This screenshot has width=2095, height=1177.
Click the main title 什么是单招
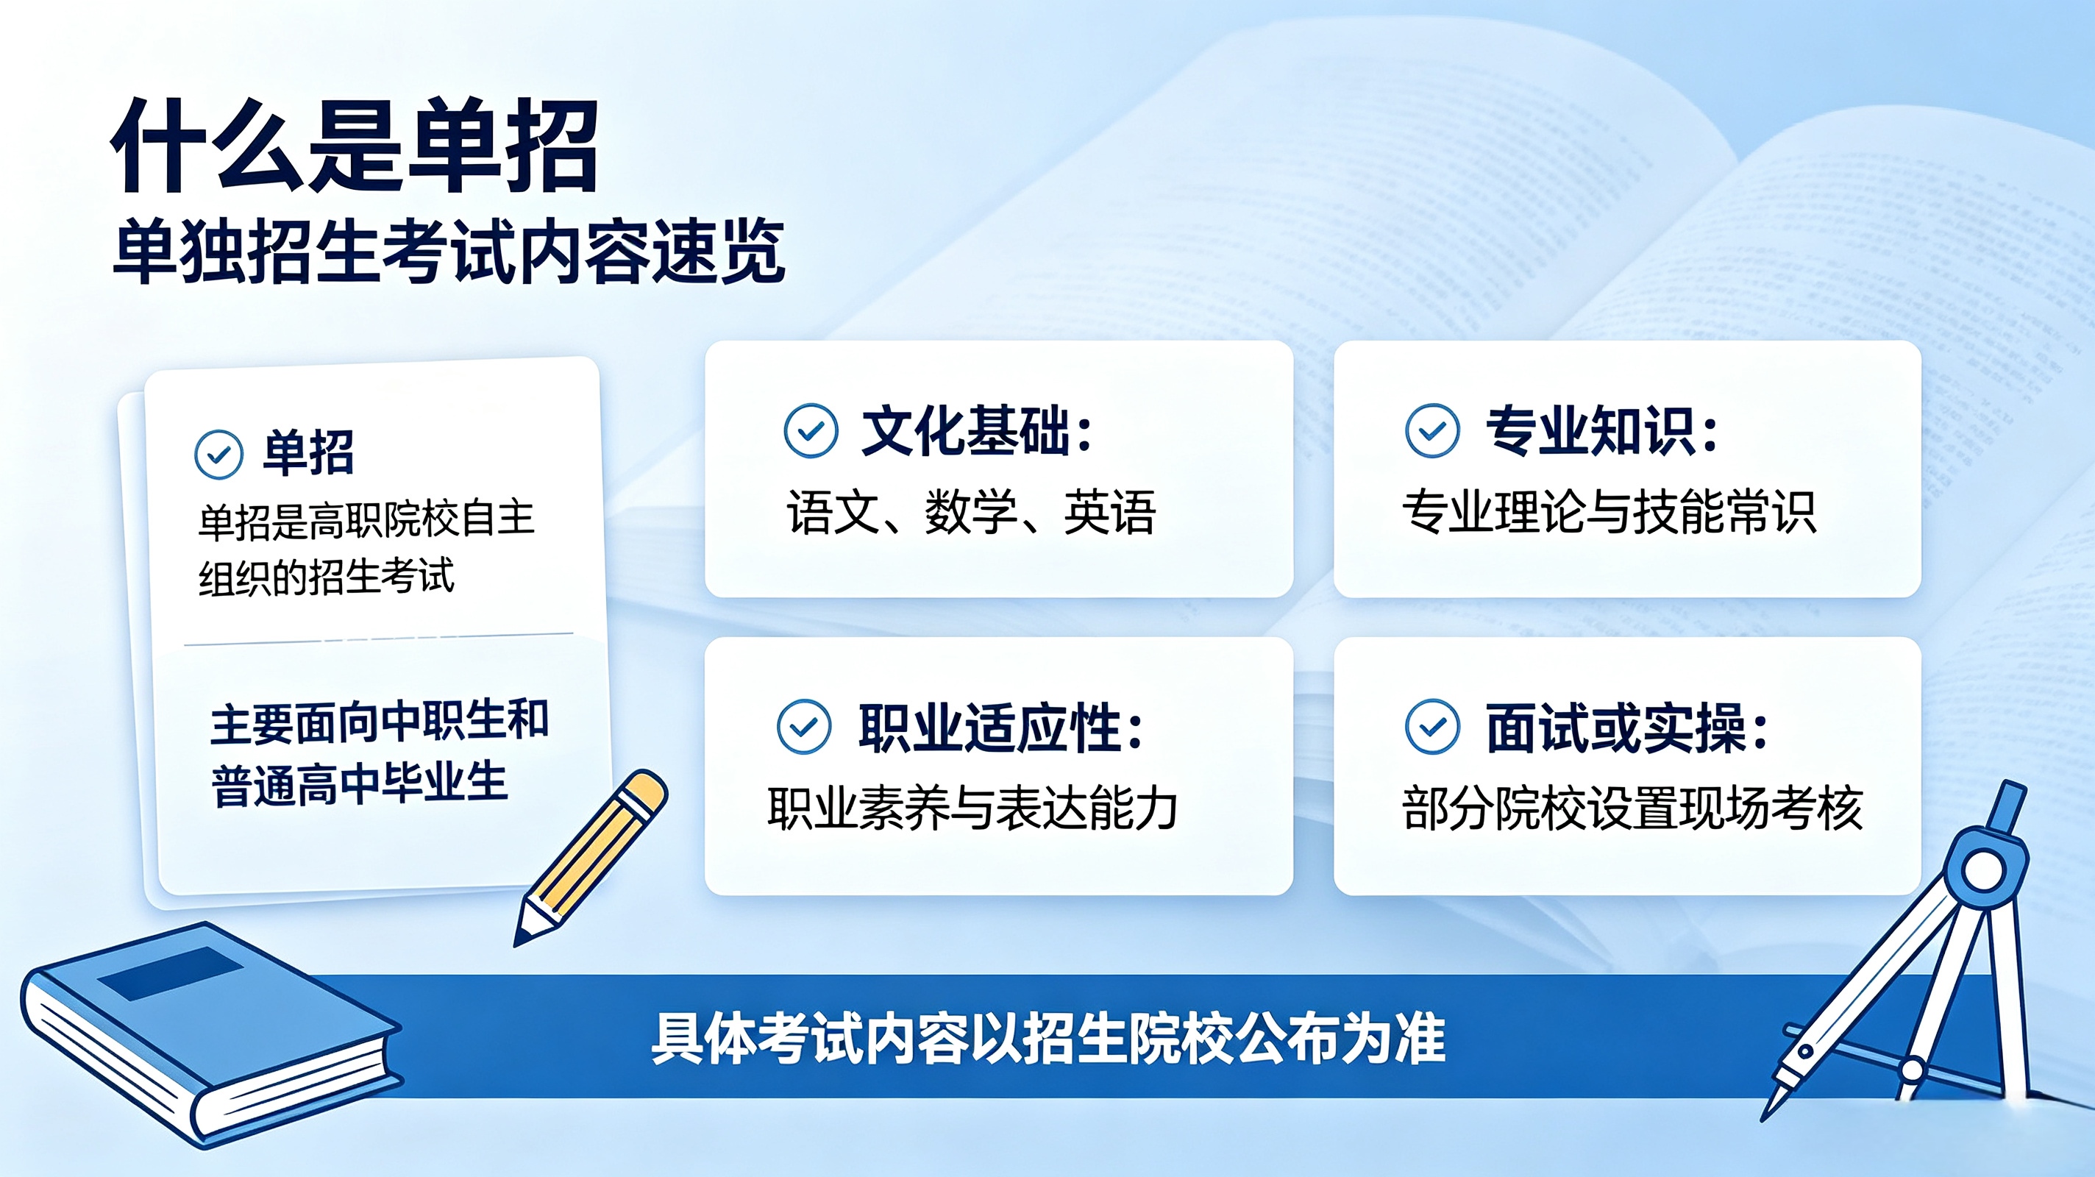point(355,146)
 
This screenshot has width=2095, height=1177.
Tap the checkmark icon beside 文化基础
point(811,430)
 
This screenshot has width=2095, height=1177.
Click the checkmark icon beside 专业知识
point(1432,430)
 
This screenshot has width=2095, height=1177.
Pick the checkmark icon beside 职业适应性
point(803,726)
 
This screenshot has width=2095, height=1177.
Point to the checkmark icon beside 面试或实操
point(1432,726)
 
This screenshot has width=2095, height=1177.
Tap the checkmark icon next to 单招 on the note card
point(218,454)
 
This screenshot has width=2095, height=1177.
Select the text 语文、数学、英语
point(971,513)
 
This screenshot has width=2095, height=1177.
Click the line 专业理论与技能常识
point(1609,513)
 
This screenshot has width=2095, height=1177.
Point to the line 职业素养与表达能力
point(972,808)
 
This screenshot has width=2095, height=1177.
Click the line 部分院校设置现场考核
point(1632,808)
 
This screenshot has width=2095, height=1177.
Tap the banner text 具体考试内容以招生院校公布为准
point(1048,1038)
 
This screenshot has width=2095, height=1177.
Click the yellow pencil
point(591,858)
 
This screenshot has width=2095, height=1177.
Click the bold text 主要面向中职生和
point(380,722)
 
